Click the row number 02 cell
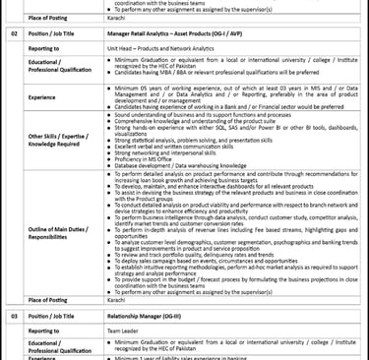(x=14, y=32)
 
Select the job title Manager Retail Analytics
(x=162, y=32)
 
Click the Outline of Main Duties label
(x=55, y=232)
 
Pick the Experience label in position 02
(x=42, y=97)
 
